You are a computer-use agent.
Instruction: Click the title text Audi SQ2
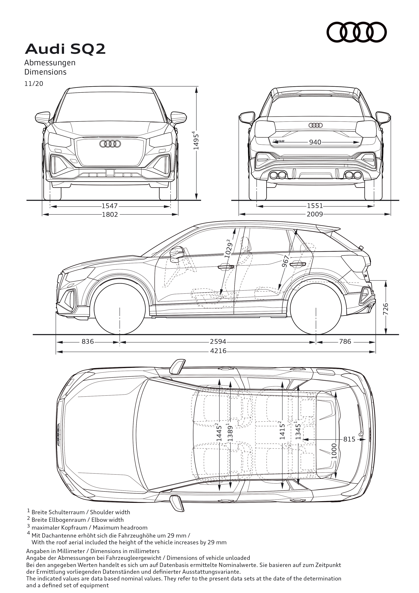tap(65, 49)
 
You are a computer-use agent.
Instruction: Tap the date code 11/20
tap(34, 84)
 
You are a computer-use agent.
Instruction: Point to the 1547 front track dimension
tap(110, 206)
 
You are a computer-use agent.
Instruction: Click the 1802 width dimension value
tap(110, 214)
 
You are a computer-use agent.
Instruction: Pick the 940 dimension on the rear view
tap(315, 142)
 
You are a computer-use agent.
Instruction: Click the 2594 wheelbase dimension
tap(218, 342)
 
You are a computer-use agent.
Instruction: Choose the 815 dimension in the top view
tap(349, 439)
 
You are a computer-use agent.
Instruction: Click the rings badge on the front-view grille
tap(110, 144)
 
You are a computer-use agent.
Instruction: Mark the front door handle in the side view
tap(226, 267)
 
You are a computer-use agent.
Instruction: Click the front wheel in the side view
tap(120, 309)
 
